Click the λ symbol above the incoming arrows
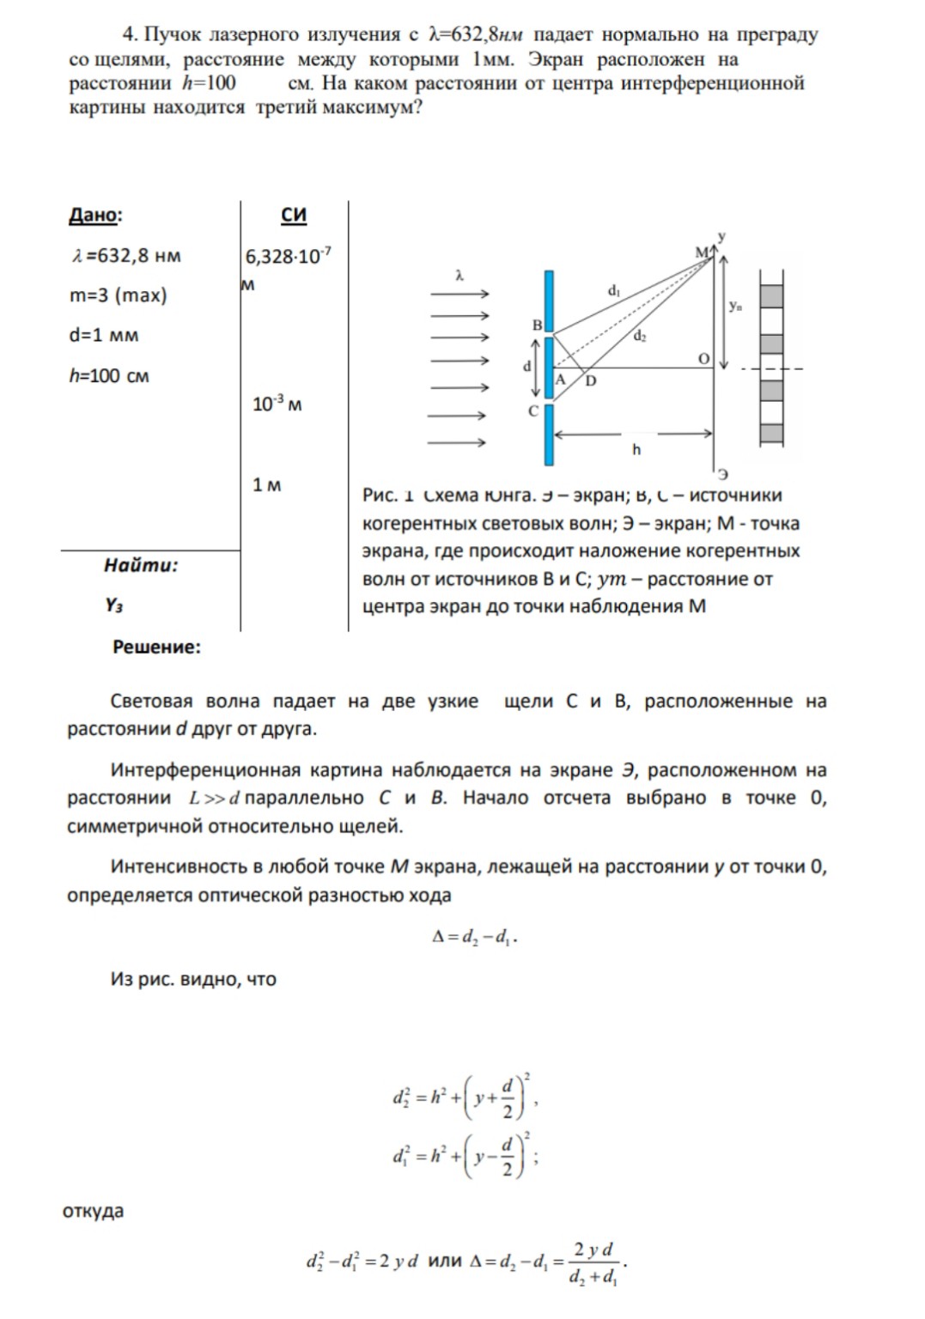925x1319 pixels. (x=459, y=277)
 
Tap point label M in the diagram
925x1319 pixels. (x=702, y=252)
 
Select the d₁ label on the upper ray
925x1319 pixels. (x=614, y=291)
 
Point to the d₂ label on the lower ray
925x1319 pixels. (x=640, y=337)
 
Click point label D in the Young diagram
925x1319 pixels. (x=591, y=380)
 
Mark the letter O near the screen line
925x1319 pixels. (x=704, y=359)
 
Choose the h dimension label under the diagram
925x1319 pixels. (x=636, y=449)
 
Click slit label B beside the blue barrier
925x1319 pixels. (x=538, y=325)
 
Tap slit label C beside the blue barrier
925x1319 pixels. (x=533, y=410)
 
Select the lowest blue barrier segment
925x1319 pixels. (x=549, y=435)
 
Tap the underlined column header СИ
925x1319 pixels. (x=294, y=215)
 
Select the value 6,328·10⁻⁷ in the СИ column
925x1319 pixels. (x=288, y=256)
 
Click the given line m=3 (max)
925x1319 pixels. (x=119, y=295)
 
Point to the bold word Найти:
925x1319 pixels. (x=141, y=565)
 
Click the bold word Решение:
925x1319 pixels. (x=156, y=647)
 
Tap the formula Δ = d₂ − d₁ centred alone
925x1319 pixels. (x=474, y=937)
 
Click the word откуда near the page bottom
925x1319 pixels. (x=93, y=1212)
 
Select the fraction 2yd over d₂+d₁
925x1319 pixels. (x=593, y=1262)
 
